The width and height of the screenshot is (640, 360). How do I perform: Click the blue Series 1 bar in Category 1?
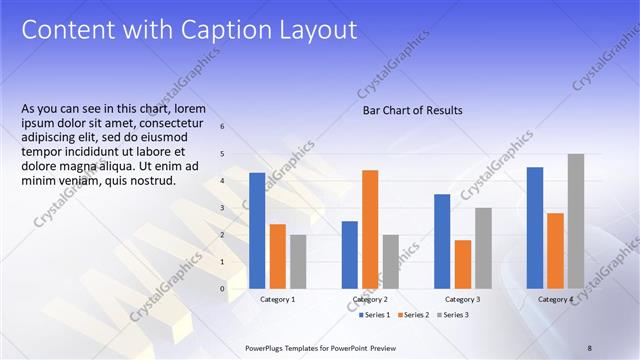(x=257, y=231)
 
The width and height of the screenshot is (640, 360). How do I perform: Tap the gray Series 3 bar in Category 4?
(x=575, y=221)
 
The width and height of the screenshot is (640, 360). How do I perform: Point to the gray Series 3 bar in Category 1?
(x=298, y=262)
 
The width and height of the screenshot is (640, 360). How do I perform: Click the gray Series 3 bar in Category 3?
(x=483, y=248)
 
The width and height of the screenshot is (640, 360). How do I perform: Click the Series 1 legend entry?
(x=376, y=315)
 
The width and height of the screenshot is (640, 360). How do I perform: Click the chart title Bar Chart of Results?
(x=412, y=111)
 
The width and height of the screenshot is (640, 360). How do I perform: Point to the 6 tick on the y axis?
(x=222, y=127)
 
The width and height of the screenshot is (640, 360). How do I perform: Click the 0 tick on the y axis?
(x=222, y=289)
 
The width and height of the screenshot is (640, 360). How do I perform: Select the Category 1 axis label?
(x=278, y=299)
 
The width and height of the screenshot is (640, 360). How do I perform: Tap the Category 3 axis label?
(x=462, y=299)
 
